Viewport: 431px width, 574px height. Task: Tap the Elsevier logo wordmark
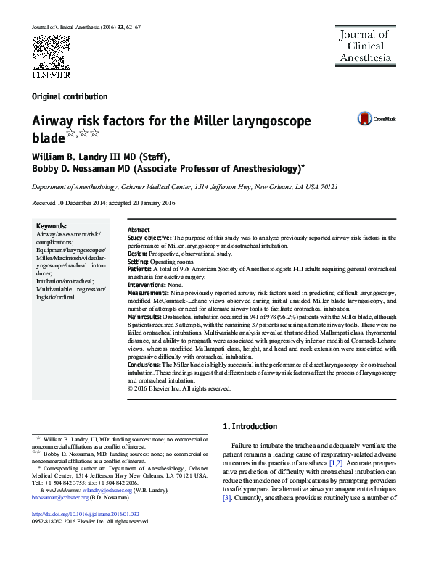click(49, 73)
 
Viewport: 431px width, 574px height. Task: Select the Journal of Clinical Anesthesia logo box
click(363, 45)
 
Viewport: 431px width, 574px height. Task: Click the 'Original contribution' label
click(70, 96)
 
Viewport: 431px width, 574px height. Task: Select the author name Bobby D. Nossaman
click(72, 169)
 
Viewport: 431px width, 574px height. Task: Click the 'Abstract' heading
click(139, 229)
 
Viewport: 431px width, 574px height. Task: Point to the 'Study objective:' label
click(149, 237)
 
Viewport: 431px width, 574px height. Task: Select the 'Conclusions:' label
click(146, 365)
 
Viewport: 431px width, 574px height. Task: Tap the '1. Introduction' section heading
click(250, 426)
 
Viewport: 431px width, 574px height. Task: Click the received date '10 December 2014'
click(81, 203)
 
